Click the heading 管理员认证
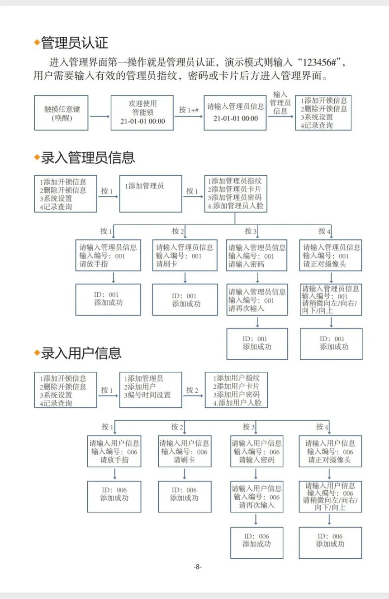tap(74, 43)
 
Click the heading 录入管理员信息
tap(88, 158)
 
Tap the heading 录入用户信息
tap(81, 353)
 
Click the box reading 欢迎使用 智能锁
tap(142, 112)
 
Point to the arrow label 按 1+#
tap(189, 110)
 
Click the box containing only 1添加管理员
tap(150, 194)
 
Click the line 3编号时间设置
tap(148, 395)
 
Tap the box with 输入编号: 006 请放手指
tap(114, 451)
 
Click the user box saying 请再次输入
tap(256, 497)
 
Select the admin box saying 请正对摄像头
tap(331, 256)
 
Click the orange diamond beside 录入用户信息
tap(37, 353)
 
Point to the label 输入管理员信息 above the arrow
tap(280, 102)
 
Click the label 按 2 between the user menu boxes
tap(193, 390)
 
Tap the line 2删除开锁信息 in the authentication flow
tap(324, 109)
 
